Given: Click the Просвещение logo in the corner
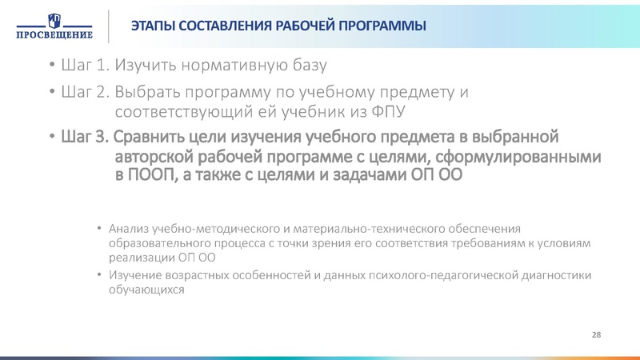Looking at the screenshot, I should [x=52, y=25].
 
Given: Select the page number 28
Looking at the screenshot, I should [x=596, y=333].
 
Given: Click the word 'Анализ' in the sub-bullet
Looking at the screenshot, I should [x=126, y=230].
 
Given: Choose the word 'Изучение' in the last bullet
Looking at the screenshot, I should [x=133, y=276].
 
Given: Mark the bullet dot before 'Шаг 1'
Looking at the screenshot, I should [x=51, y=65].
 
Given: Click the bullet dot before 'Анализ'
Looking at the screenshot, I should [x=98, y=230].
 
